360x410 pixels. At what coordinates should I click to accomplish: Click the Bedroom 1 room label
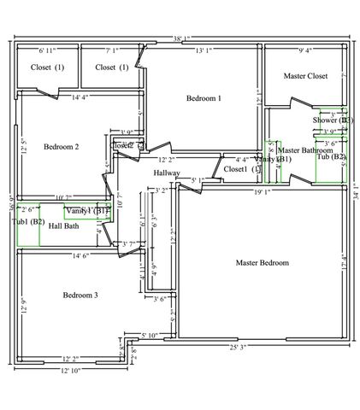[204, 98]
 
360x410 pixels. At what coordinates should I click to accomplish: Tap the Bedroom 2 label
[61, 147]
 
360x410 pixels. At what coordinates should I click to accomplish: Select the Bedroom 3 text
[80, 295]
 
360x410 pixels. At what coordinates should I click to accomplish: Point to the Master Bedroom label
[262, 262]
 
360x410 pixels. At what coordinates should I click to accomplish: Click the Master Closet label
[305, 76]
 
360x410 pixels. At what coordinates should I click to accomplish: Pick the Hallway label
[167, 173]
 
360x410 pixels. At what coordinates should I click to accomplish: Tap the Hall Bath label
[65, 226]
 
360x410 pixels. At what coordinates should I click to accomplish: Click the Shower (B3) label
[333, 120]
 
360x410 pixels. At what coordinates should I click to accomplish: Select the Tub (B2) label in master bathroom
[332, 157]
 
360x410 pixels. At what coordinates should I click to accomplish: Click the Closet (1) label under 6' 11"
[47, 67]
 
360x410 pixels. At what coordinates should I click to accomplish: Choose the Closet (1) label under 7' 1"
[111, 67]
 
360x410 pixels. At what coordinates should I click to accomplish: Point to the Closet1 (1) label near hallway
[241, 169]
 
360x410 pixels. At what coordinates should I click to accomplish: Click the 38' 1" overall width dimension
[181, 39]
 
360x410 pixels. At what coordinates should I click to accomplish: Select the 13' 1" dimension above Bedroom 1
[204, 51]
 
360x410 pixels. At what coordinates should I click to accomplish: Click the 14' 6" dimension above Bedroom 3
[82, 255]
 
